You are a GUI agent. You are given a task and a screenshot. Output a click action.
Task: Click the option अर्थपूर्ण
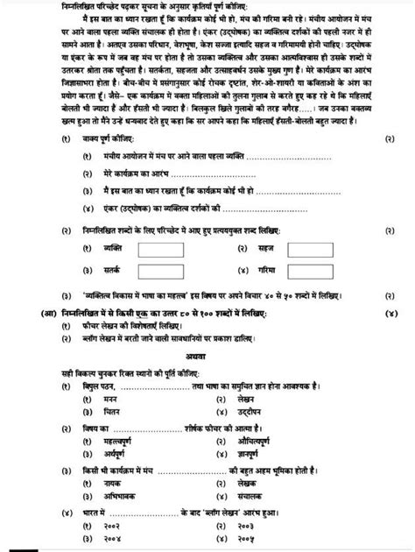[x=117, y=456]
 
